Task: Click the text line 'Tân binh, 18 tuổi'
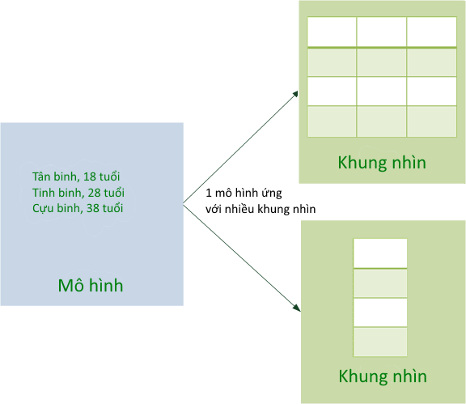[76, 176]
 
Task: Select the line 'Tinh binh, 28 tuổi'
[78, 193]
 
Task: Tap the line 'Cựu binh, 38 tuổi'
[78, 208]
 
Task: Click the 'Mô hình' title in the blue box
[91, 285]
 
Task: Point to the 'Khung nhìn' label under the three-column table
[382, 163]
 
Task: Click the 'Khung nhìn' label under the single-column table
[383, 376]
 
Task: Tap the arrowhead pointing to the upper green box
[295, 94]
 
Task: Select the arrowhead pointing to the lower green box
[297, 308]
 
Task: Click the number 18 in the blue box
[90, 176]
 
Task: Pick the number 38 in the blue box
[93, 208]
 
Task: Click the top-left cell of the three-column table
[332, 32]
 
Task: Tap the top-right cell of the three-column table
[431, 32]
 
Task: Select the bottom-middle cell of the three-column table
[381, 121]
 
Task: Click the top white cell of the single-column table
[380, 253]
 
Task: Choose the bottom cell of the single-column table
[380, 342]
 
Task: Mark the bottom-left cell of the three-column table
[332, 121]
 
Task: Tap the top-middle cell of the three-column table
[381, 32]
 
